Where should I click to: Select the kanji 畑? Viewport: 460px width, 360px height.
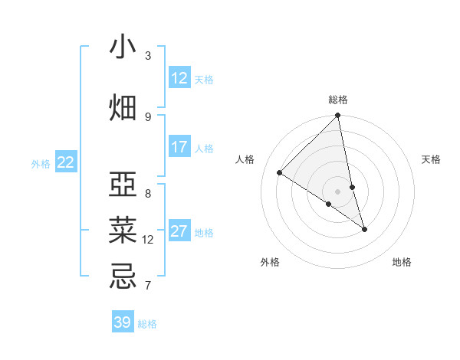123,108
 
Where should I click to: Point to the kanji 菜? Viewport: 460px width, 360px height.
123,231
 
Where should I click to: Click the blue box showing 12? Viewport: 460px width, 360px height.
179,78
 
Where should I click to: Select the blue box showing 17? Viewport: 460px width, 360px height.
179,147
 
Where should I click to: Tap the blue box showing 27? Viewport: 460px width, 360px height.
179,231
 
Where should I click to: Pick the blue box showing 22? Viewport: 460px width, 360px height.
66,162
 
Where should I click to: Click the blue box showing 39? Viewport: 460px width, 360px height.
123,322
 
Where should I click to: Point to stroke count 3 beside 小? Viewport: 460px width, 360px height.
148,56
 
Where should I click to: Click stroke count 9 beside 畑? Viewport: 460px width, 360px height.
148,116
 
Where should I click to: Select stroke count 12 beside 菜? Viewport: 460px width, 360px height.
148,240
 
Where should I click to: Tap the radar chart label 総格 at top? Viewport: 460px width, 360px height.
338,100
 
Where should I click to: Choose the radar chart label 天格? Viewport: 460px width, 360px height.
431,159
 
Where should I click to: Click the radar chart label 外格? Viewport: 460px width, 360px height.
270,263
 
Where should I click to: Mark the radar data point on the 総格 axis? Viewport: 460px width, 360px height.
338,116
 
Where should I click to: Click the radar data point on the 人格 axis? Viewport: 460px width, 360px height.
280,173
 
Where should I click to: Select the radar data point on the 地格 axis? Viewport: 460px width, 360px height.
364,229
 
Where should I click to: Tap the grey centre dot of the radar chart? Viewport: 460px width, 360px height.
338,191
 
